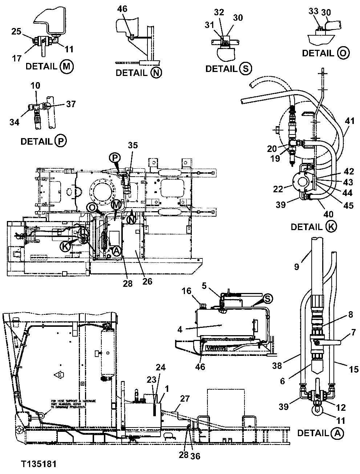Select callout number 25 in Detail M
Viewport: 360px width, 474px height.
pos(16,32)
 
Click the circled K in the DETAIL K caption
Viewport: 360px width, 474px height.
pos(331,226)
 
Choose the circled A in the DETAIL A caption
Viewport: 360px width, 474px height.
pos(337,433)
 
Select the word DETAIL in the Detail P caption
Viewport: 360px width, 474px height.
pos(36,141)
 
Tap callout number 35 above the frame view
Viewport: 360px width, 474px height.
pos(133,146)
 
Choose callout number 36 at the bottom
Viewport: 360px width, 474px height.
pos(195,456)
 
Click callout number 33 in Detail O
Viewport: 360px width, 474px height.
pos(313,12)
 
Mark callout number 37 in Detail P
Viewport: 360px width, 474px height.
pos(71,104)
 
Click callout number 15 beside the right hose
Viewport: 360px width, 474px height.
pos(353,370)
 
